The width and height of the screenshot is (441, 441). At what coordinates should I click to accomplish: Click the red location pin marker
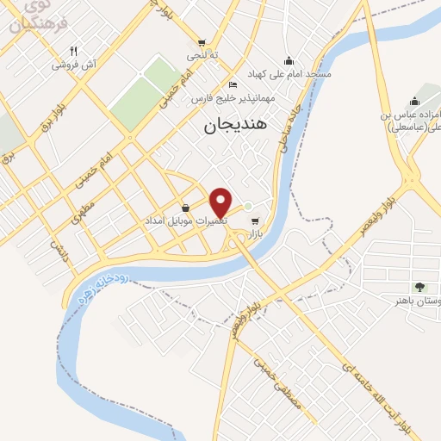pos(221,202)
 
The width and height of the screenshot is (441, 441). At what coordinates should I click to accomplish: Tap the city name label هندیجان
pos(236,125)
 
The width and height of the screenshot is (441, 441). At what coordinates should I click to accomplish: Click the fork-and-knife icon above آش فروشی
pos(73,51)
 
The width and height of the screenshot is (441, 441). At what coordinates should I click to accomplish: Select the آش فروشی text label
pos(72,65)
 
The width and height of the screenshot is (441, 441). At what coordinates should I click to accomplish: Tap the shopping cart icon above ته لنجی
pos(202,42)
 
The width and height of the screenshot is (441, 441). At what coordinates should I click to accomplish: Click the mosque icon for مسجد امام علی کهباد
pos(289,60)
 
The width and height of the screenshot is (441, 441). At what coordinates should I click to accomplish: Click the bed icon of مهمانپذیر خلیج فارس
pos(233,84)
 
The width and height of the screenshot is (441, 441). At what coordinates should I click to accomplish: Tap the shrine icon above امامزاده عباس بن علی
pos(414,102)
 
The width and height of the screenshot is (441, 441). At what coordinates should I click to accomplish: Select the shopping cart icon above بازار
pos(253,220)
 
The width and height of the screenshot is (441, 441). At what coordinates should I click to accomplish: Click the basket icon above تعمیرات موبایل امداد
pos(186,207)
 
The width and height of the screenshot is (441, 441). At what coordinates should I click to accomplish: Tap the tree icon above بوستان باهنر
pos(419,286)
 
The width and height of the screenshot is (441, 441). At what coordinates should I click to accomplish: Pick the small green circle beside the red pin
pos(247,207)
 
